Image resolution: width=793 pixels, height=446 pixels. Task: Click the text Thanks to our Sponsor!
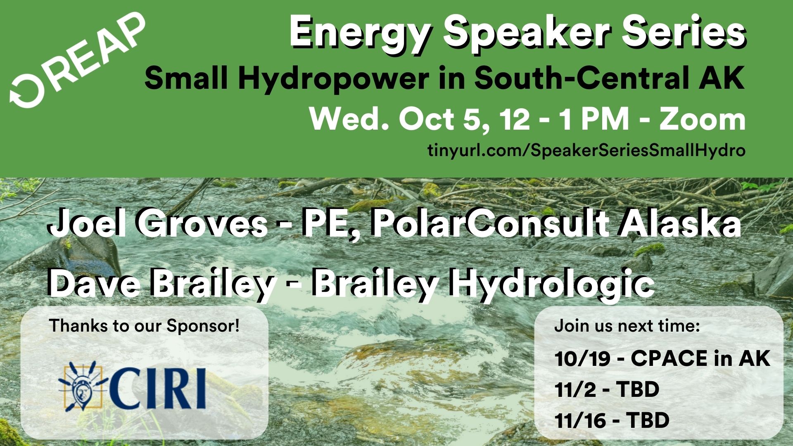[144, 326]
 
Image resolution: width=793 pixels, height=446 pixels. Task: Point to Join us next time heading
[627, 326]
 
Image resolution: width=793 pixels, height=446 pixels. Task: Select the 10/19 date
[582, 359]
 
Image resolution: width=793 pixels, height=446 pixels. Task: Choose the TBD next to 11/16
[648, 421]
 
